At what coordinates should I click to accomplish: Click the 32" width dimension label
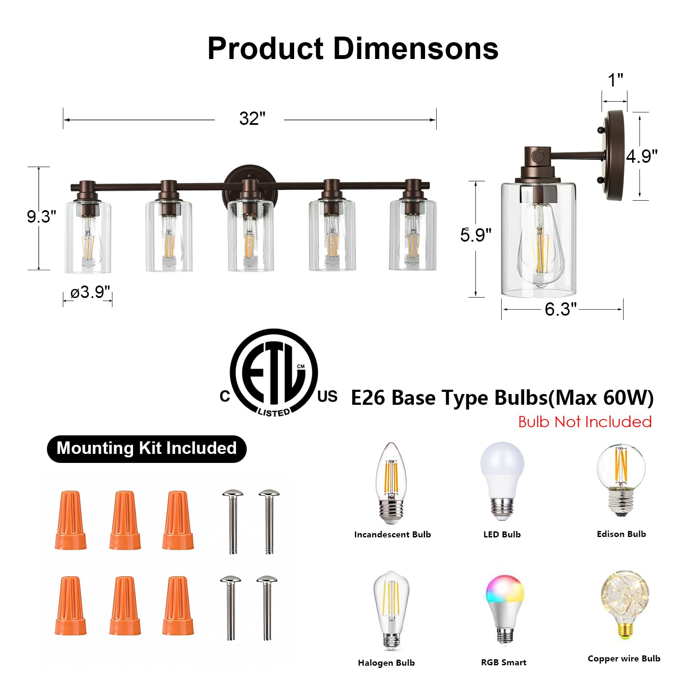[x=252, y=119]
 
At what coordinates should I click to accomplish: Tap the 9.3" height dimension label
[x=41, y=217]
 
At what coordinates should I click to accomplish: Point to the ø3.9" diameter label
[x=90, y=292]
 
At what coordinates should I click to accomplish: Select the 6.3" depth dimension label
[x=560, y=309]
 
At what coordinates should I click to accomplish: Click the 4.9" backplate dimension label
[x=642, y=156]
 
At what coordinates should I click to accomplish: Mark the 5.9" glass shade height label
[x=475, y=235]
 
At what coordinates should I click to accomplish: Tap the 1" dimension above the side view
[x=615, y=80]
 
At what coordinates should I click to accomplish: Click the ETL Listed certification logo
[x=274, y=373]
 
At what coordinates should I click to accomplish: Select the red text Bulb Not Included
[x=584, y=422]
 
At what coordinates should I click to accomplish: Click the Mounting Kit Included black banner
[x=146, y=449]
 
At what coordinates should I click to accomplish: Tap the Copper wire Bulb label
[x=624, y=658]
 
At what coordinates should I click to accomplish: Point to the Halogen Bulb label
[x=386, y=663]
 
